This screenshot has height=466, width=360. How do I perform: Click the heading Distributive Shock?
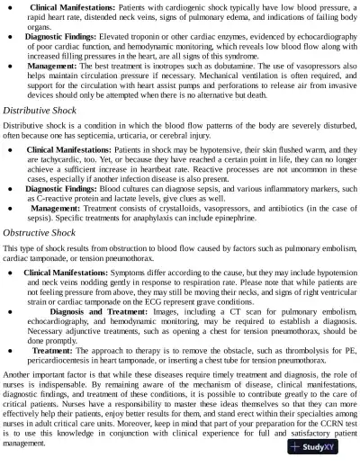(38, 110)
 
